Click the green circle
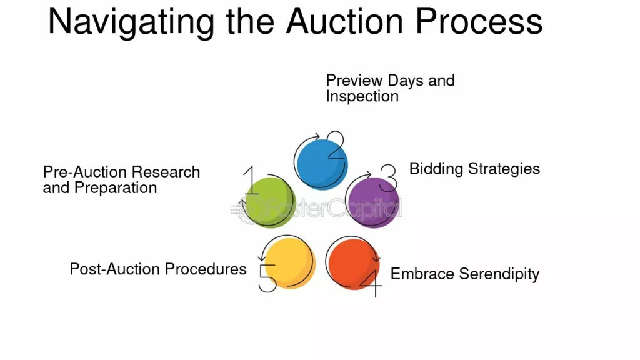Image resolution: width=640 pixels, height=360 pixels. click(270, 202)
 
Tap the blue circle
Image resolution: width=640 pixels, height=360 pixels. click(322, 164)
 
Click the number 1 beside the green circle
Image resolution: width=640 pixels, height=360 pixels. click(251, 180)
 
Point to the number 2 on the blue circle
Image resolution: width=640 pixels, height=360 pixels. click(336, 145)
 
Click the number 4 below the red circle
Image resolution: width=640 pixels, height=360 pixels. click(372, 284)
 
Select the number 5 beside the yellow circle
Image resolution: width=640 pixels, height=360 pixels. click(267, 278)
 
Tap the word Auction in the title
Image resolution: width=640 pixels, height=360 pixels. click(345, 21)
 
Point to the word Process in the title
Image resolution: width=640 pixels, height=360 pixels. click(479, 21)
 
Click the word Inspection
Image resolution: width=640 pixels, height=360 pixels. click(362, 97)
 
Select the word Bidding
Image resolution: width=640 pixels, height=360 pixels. click(436, 169)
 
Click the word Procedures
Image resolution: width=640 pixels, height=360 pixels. click(206, 269)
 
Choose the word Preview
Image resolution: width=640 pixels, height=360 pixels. click(355, 81)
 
